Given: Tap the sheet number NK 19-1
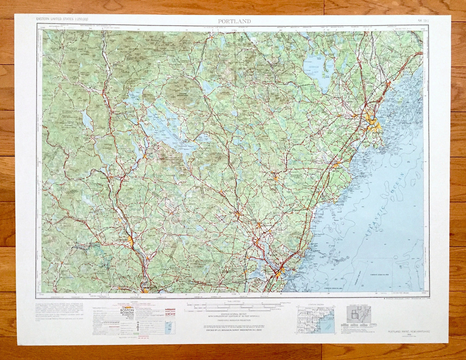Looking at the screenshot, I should coord(422,21).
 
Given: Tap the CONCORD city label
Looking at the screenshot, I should coord(123,240).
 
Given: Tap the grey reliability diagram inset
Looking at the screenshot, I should coord(359,315).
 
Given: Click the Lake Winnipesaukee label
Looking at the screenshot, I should coord(168,129).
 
